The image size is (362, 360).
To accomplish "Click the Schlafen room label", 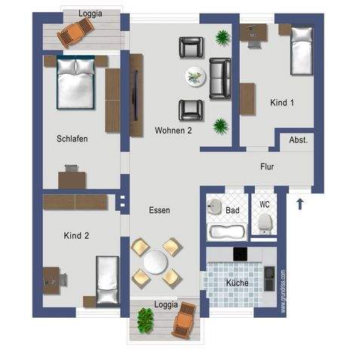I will coord(72,139).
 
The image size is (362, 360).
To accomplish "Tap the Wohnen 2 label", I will coord(173,130).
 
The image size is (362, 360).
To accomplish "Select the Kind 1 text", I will coord(281,103).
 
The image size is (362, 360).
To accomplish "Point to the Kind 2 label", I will coord(77,236).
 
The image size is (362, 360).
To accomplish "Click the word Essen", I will coord(159,211).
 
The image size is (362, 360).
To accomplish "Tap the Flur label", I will coord(267,167).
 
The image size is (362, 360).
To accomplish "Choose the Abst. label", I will coord(298,140).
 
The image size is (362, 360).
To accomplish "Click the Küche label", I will coord(238,282).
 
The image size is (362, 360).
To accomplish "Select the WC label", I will coord(265,204).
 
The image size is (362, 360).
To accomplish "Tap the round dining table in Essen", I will coord(156,262).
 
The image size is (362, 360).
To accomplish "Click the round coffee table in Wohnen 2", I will coord(196,75).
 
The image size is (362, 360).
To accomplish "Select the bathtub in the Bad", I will coord(225,230).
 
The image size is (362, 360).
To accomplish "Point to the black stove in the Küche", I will coord(241,254).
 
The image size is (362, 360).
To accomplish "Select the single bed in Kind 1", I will coord(302,50).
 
